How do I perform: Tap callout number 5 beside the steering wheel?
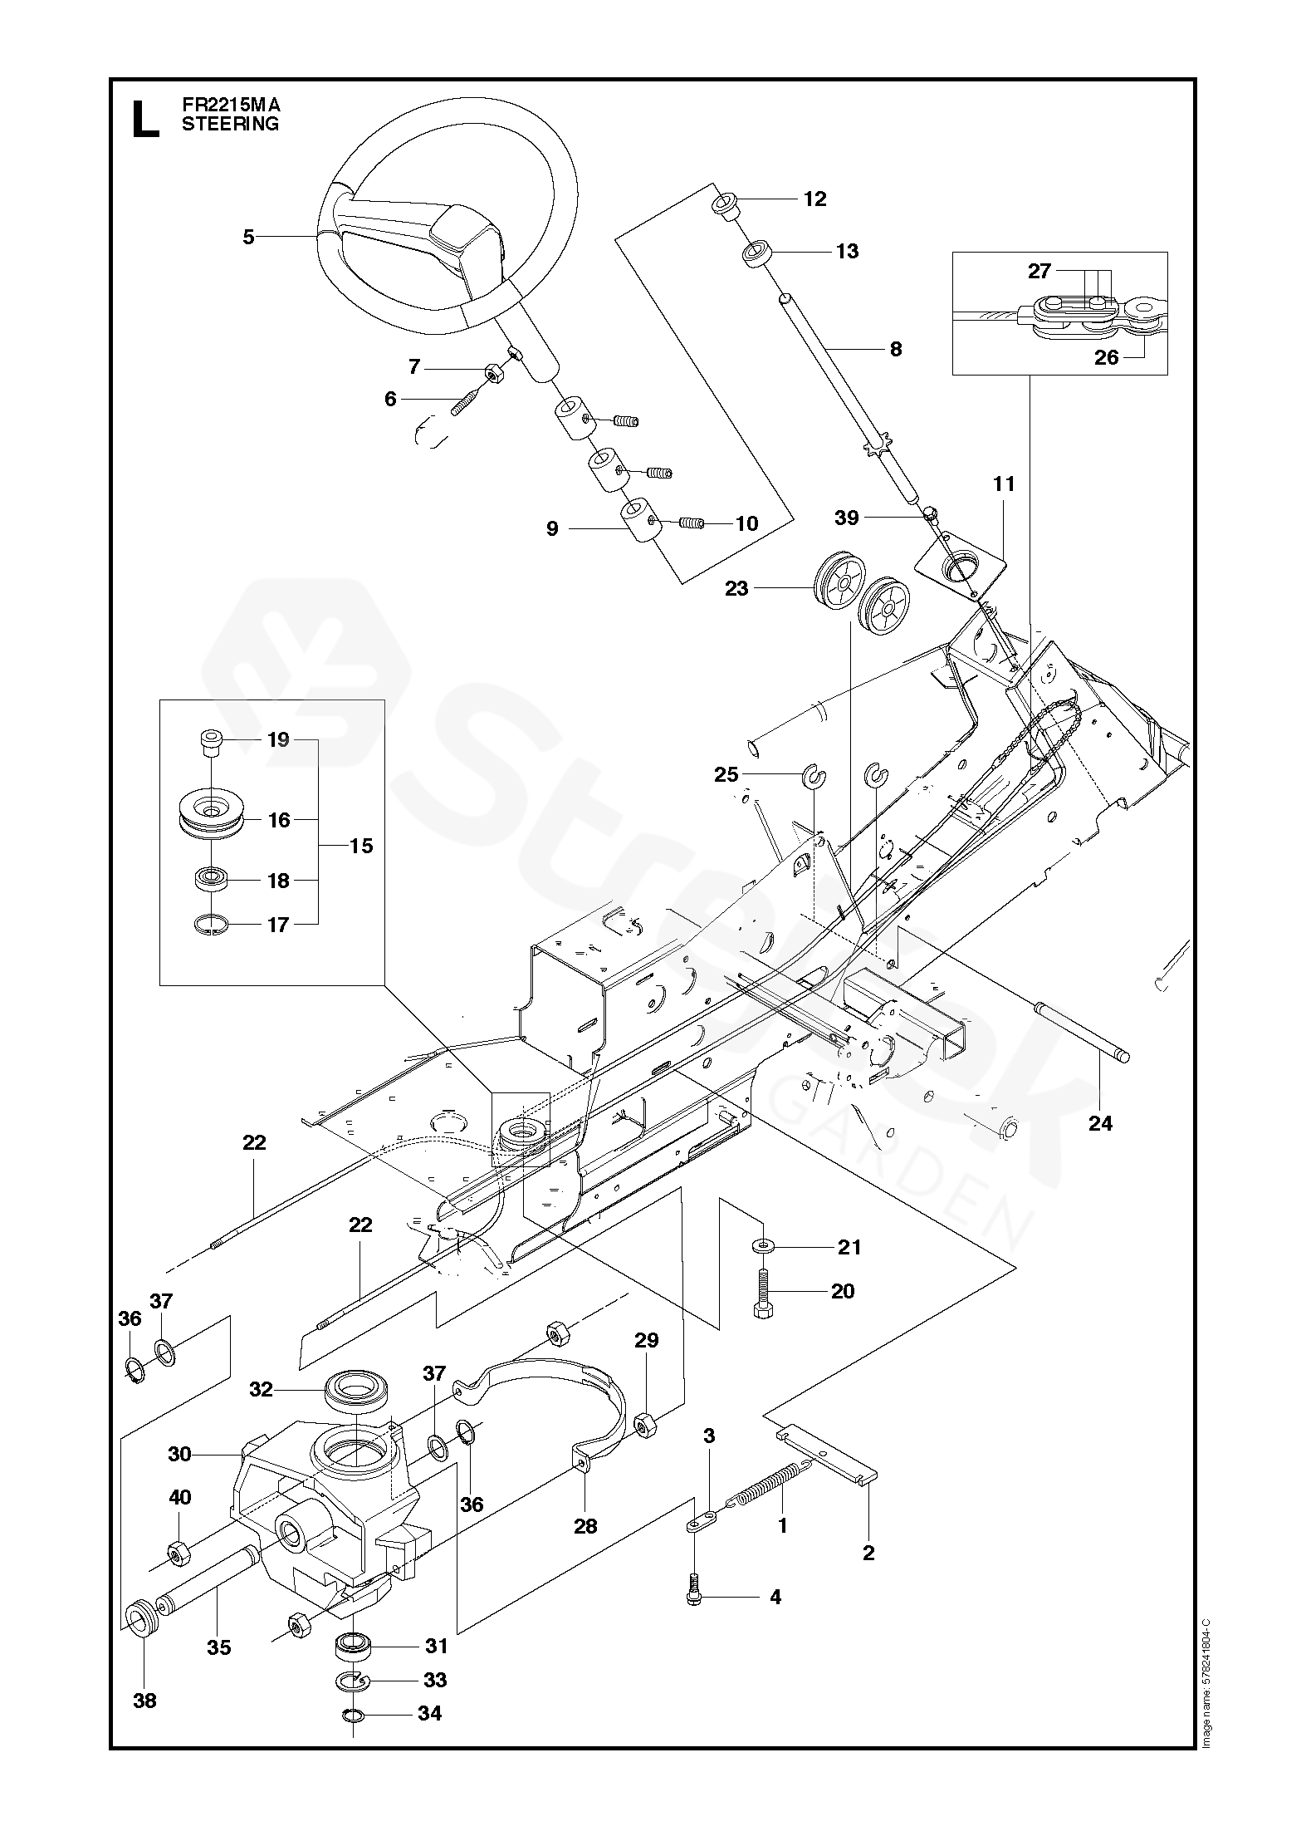point(248,237)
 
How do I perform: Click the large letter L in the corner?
point(146,119)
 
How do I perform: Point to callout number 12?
point(815,199)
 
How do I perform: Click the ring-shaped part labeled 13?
point(756,253)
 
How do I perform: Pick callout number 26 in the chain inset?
point(1107,357)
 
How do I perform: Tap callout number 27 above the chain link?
point(1039,271)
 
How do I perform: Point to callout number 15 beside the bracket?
point(361,847)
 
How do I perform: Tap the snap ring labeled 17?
point(211,925)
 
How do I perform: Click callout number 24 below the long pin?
point(1100,1124)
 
